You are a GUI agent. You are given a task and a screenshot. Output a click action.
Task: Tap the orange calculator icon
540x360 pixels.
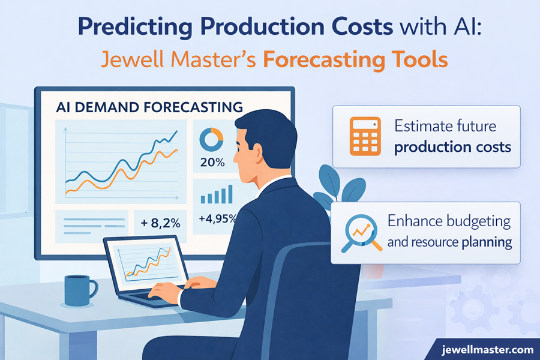tap(365, 137)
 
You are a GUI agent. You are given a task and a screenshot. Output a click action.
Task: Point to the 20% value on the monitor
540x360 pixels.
tap(212, 162)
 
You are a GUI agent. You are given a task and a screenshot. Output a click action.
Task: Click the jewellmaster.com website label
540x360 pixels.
tap(487, 349)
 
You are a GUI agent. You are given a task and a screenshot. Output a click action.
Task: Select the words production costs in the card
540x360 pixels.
tap(452, 146)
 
